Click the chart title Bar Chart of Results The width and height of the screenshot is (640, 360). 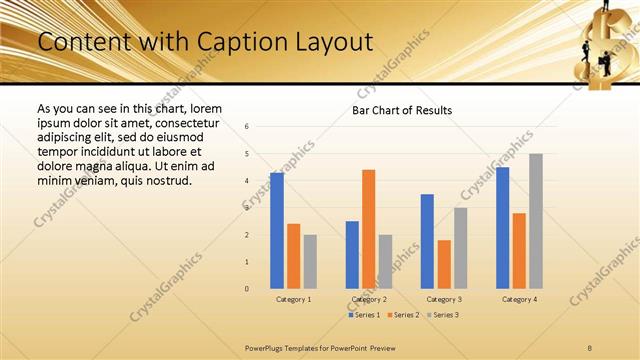click(x=402, y=110)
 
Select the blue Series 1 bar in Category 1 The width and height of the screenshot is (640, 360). click(x=277, y=231)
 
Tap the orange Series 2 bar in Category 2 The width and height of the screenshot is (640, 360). click(x=368, y=229)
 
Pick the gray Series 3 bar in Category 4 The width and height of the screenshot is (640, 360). click(x=535, y=221)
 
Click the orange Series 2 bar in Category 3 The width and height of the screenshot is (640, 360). click(x=444, y=264)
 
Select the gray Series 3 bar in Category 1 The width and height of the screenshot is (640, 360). click(x=310, y=262)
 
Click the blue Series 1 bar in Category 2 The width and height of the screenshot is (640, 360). click(x=352, y=255)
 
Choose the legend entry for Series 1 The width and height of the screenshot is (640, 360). click(x=364, y=315)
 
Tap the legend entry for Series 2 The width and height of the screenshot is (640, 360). click(x=402, y=315)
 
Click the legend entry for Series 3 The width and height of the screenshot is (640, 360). click(x=440, y=315)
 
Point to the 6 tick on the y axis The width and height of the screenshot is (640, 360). click(x=247, y=126)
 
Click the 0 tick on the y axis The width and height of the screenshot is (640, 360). click(x=247, y=289)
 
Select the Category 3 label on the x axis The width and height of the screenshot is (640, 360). click(x=444, y=299)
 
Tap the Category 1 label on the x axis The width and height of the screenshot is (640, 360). click(x=293, y=299)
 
